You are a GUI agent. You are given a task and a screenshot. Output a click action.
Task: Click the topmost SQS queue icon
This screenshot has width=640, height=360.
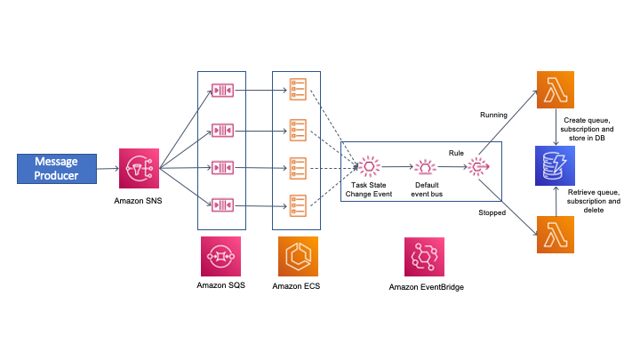(221, 91)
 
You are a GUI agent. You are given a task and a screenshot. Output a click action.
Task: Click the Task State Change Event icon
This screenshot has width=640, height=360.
(368, 166)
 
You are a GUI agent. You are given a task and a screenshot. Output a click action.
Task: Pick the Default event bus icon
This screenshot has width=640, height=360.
(427, 167)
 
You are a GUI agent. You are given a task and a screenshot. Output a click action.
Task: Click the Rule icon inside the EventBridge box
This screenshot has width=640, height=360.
(480, 167)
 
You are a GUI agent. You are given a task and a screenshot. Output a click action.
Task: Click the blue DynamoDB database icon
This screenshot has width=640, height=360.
(556, 166)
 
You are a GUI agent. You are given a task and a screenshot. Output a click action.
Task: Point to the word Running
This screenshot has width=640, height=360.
(493, 115)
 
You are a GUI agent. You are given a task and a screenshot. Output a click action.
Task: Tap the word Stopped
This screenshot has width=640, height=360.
(492, 213)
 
